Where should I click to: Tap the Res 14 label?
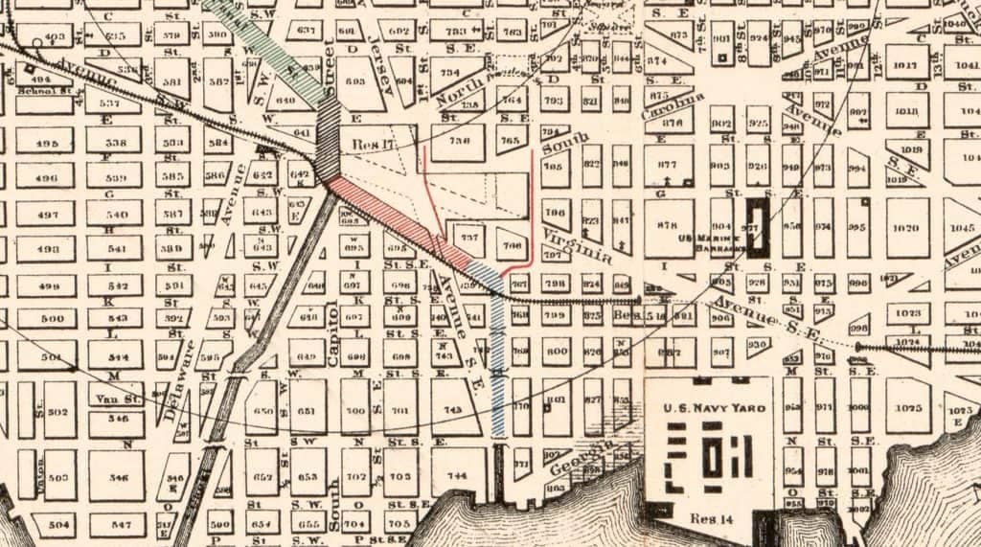(x=710, y=518)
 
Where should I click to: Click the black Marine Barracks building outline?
(x=760, y=227)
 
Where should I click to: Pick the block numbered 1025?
(x=908, y=408)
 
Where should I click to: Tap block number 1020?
(x=906, y=228)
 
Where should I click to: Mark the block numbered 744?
(x=456, y=475)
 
